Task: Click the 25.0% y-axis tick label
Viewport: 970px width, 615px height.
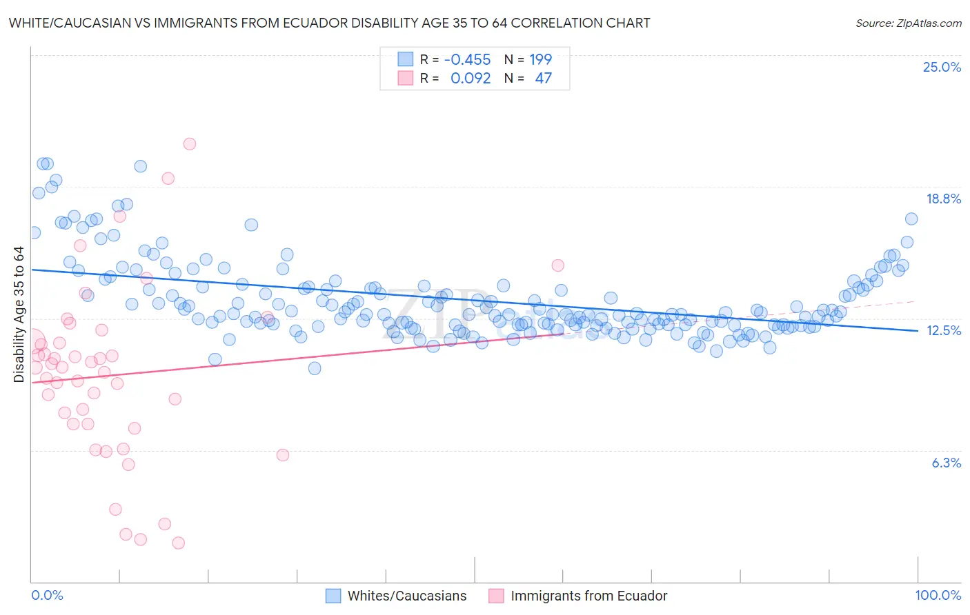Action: point(942,67)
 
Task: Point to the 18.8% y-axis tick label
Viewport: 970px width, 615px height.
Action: point(943,199)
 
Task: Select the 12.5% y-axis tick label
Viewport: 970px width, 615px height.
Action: point(943,330)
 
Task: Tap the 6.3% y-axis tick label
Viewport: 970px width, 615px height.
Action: point(946,463)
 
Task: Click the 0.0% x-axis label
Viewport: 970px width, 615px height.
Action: point(47,595)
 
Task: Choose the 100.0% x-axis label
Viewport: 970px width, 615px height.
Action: point(938,595)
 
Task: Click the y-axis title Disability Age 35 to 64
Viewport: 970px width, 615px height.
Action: point(19,314)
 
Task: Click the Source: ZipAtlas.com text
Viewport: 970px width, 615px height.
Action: point(908,23)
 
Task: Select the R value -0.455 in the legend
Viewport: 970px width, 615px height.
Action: point(467,59)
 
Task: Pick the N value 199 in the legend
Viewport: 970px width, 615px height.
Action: point(540,59)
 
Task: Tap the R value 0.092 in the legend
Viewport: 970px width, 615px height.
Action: point(471,78)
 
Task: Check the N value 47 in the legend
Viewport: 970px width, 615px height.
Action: point(543,78)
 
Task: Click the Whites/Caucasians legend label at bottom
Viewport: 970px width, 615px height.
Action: point(407,596)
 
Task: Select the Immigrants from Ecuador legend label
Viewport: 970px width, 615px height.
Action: point(588,596)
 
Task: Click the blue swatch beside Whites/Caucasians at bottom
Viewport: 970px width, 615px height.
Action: point(333,596)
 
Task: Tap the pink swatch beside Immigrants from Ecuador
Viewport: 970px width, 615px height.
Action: point(496,596)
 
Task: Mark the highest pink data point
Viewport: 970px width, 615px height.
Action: point(190,144)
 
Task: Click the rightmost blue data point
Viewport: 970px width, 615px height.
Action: point(911,219)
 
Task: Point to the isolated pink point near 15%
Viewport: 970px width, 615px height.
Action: point(557,265)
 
